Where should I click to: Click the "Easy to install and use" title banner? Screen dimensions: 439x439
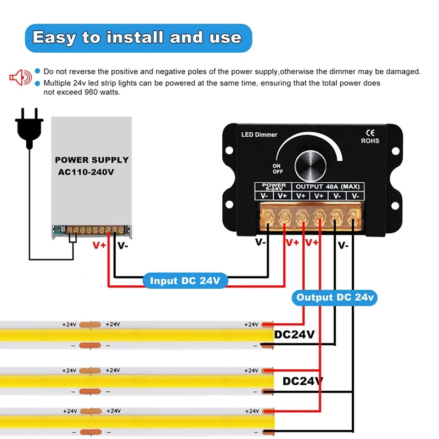point(137,38)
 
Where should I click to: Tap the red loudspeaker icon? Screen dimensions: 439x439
point(19,77)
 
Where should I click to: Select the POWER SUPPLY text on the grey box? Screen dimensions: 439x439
point(92,160)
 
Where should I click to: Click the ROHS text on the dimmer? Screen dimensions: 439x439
point(370,140)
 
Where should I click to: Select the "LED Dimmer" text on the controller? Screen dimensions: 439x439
point(260,134)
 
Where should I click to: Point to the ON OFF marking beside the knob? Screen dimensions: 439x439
point(277,168)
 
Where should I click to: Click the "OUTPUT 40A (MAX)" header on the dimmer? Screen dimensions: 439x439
point(328,185)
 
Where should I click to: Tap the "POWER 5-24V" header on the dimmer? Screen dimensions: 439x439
point(274,187)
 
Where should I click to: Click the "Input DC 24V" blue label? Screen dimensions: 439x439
point(185,281)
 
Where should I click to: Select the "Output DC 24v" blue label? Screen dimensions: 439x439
point(334,297)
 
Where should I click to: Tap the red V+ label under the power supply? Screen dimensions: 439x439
point(99,245)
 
